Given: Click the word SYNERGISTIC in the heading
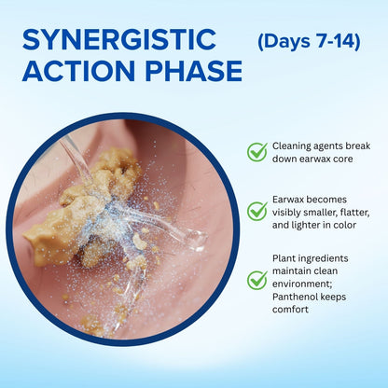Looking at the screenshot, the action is tap(119, 39).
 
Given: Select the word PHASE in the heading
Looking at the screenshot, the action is tap(193, 71).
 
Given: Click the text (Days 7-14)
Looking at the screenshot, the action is tap(309, 41).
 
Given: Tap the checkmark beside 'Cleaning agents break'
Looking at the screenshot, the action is tap(257, 152).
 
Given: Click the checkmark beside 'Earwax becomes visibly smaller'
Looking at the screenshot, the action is tap(257, 211).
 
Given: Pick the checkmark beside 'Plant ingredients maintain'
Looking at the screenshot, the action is tap(257, 280).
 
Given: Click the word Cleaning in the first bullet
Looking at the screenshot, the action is tap(292, 145).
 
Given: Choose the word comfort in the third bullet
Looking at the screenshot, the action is tap(290, 310).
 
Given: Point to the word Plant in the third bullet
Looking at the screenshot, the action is tap(284, 258).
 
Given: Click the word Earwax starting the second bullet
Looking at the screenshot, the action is tap(289, 200).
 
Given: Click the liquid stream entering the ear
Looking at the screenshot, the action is tap(76, 160).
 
